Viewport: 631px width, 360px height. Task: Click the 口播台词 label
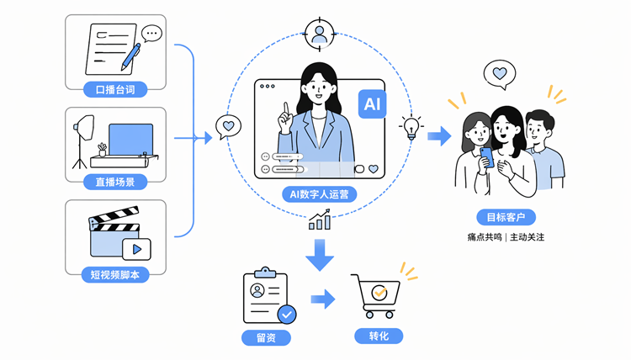click(x=115, y=89)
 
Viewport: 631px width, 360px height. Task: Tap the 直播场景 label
click(x=115, y=182)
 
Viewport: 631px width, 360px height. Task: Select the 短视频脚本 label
click(x=115, y=275)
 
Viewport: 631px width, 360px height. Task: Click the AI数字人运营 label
click(x=319, y=194)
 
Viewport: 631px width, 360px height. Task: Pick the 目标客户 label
click(x=506, y=217)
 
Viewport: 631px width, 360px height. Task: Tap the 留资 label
click(x=266, y=337)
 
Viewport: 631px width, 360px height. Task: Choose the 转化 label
click(x=379, y=336)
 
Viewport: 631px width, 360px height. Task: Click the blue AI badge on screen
click(x=372, y=104)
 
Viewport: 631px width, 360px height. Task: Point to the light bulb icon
click(x=411, y=127)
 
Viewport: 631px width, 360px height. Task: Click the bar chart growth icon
click(x=320, y=220)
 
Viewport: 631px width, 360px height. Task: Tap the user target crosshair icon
click(x=320, y=34)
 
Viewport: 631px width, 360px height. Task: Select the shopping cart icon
click(x=375, y=296)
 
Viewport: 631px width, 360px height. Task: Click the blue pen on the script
click(x=131, y=57)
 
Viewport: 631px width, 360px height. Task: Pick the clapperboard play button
click(x=136, y=249)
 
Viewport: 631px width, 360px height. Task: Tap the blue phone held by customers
click(x=487, y=157)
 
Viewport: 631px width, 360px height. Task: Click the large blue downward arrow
click(x=320, y=255)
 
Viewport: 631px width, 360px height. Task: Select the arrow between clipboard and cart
click(x=323, y=299)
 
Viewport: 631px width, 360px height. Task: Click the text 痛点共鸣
click(x=485, y=237)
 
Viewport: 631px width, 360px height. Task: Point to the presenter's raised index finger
click(x=286, y=109)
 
